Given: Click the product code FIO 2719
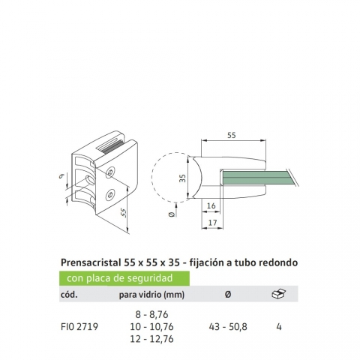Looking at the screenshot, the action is [79, 327].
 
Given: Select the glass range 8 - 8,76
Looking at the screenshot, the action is [151, 314].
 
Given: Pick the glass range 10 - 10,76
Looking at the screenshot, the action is [151, 327].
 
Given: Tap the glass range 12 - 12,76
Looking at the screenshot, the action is [151, 339].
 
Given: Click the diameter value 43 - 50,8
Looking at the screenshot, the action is [228, 327].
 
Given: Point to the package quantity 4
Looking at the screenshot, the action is [279, 327].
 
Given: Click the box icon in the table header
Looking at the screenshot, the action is [279, 294].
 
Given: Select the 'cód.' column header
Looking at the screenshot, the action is [69, 295].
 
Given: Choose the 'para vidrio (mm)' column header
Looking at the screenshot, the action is [151, 295].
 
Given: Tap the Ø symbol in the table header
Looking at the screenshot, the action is [228, 295].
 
